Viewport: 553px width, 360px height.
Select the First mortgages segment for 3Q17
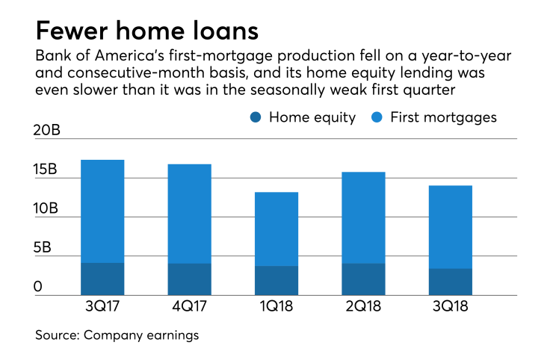point(102,211)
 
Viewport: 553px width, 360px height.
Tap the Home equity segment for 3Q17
point(102,279)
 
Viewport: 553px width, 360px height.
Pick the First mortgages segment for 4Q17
point(189,214)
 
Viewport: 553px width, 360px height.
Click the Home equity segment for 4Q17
point(189,279)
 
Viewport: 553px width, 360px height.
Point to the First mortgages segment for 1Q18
point(276,229)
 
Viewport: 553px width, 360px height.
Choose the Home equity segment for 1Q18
point(276,280)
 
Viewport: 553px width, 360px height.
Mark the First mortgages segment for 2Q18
point(363,218)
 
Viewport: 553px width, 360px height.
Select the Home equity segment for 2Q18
point(363,279)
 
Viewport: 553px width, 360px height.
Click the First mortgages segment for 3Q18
point(450,227)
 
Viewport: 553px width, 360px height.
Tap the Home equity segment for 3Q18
point(450,282)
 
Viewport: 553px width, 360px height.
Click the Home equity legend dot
point(256,117)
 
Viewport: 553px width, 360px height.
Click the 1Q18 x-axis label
point(276,308)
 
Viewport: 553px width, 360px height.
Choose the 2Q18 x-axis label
point(363,308)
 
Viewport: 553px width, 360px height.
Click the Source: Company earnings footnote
point(117,335)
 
